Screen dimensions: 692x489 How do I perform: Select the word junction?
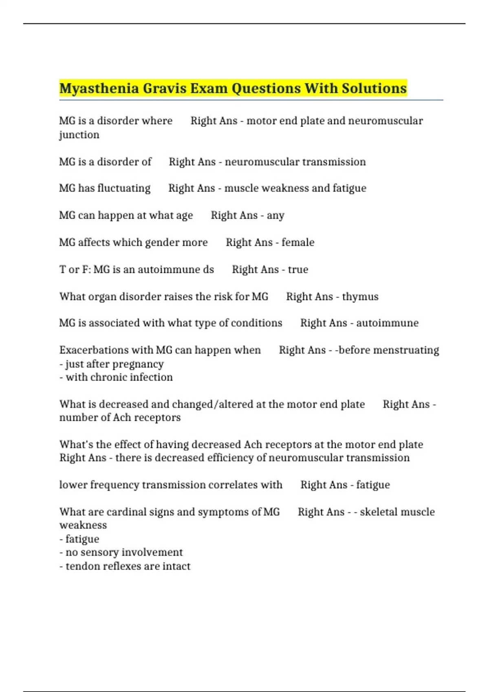point(79,135)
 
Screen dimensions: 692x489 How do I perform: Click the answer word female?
point(298,243)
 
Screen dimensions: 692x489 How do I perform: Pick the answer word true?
point(298,269)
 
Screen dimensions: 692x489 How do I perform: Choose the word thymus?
point(360,297)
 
